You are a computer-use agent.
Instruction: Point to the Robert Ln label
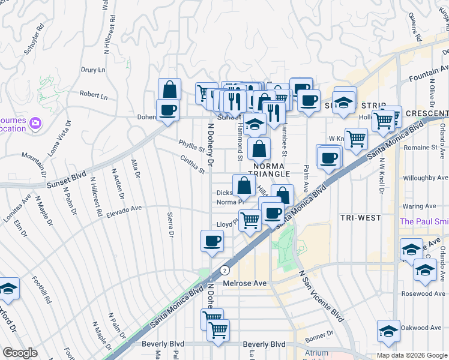pos(94,95)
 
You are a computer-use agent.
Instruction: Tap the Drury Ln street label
pos(93,70)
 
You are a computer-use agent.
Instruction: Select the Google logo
pos(20,353)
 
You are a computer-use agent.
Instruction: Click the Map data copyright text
pos(412,355)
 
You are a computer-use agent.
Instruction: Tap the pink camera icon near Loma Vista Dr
pos(35,123)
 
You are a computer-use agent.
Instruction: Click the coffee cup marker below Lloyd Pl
pos(211,242)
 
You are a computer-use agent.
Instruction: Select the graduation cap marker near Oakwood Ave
pos(388,331)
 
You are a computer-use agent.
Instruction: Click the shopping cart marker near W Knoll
pos(356,140)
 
